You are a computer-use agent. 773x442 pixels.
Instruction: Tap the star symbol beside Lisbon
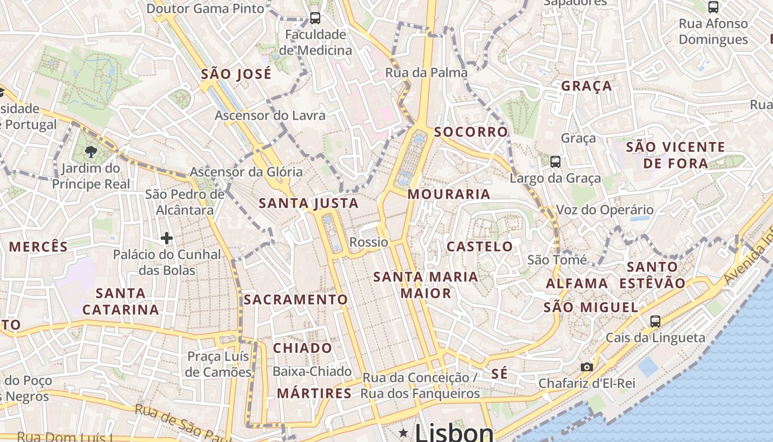pos(404,433)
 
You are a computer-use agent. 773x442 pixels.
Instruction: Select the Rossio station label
pos(369,242)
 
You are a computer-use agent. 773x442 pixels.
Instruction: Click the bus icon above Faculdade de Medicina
pos(315,18)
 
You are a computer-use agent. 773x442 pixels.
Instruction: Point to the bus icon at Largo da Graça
pos(555,162)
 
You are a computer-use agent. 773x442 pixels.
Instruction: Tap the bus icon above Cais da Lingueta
pos(655,321)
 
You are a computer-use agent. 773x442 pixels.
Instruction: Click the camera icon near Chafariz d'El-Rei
pos(587,367)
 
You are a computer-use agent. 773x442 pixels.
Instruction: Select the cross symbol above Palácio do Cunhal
pos(167,238)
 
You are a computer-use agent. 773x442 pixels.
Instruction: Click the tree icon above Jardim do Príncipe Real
pos(92,151)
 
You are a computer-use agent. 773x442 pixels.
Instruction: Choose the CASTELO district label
pos(479,246)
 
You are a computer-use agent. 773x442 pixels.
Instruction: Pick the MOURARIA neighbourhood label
pos(449,194)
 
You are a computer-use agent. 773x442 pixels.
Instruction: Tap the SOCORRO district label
pos(470,132)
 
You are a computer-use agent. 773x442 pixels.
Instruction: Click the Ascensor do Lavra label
pos(270,115)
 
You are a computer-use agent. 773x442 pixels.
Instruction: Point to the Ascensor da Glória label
pos(246,172)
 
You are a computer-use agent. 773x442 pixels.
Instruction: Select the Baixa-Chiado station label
pos(312,371)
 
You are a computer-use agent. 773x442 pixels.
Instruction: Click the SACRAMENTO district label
pos(296,299)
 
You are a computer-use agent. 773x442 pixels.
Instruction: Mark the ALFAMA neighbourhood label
pos(576,283)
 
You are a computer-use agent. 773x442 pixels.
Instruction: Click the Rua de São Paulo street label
pos(176,423)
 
